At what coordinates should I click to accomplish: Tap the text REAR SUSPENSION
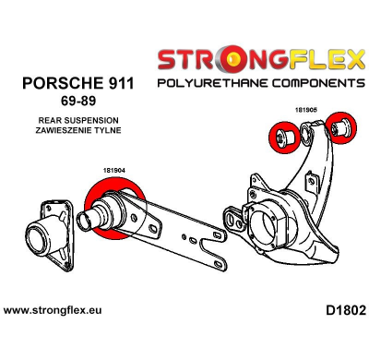[x=76, y=120]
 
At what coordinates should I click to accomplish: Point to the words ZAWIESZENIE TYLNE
[x=76, y=131]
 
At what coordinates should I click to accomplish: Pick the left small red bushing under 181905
[x=281, y=138]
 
